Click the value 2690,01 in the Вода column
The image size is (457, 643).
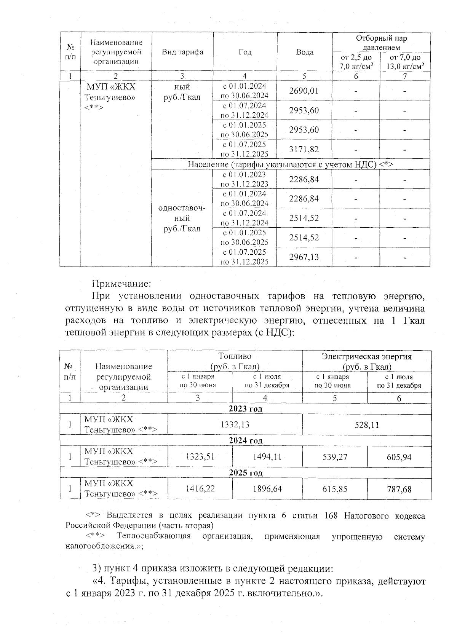[x=304, y=91]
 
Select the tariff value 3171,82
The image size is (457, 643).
[x=304, y=149]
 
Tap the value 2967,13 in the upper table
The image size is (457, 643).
[x=304, y=257]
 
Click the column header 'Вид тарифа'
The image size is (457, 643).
[x=182, y=52]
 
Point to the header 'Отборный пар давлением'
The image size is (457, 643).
[x=381, y=43]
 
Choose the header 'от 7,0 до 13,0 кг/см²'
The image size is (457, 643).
[x=405, y=62]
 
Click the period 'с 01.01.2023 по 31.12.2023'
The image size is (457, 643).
[x=244, y=179]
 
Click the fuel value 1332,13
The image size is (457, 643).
[x=235, y=424]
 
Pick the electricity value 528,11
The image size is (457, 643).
[x=367, y=424]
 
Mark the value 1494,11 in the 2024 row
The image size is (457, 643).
[x=267, y=456]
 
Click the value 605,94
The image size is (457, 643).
[x=399, y=456]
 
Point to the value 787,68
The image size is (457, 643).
[x=399, y=489]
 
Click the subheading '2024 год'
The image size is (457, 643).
[x=246, y=441]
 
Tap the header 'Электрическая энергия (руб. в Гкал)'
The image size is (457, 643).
[x=367, y=361]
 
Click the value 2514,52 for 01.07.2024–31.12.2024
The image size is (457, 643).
[x=304, y=218]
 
